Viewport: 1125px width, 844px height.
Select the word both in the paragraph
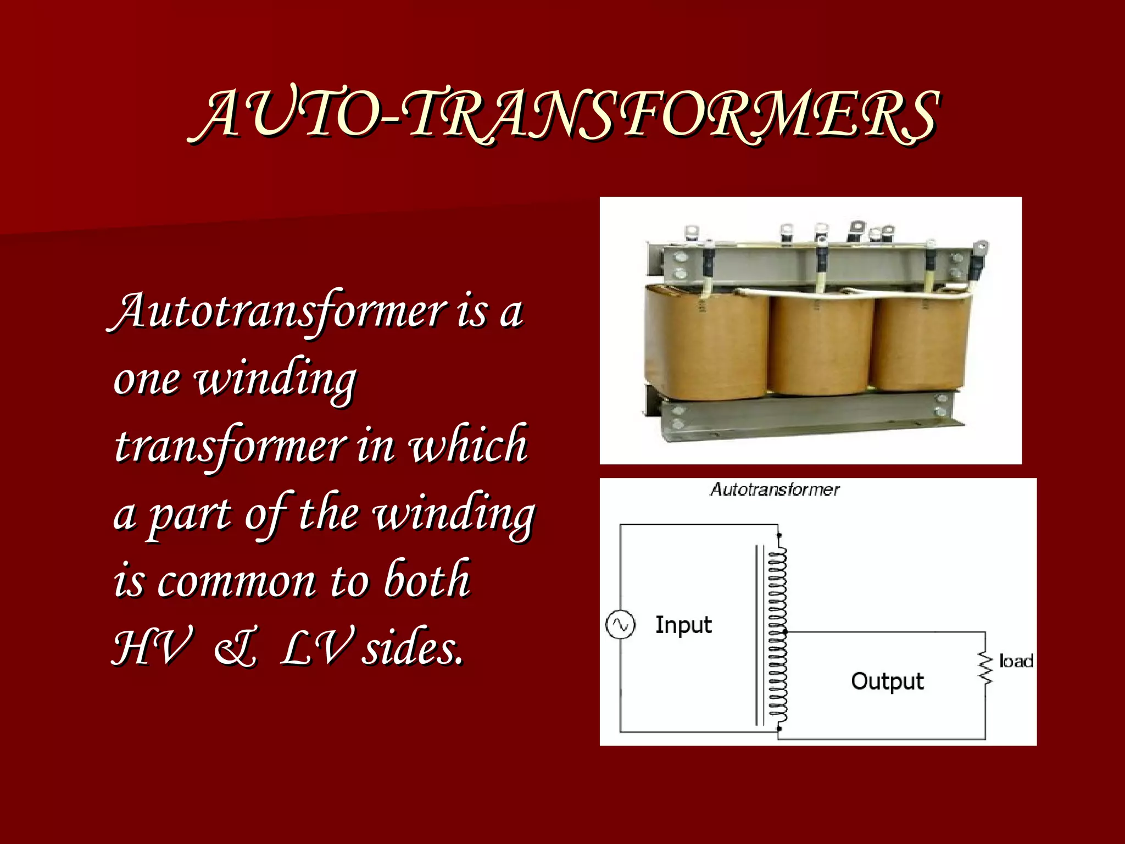tap(427, 580)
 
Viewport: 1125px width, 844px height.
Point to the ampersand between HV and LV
tap(235, 648)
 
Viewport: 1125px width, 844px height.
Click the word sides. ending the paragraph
tap(412, 648)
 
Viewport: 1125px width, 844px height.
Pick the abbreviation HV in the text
tap(153, 648)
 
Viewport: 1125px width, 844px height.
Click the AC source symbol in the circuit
tap(620, 625)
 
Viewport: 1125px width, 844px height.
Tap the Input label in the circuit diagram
tap(683, 625)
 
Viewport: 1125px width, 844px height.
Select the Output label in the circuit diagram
tap(887, 681)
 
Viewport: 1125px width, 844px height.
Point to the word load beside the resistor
tap(1016, 661)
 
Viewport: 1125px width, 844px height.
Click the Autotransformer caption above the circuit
tap(775, 490)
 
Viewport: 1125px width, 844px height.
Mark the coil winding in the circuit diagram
tap(777, 632)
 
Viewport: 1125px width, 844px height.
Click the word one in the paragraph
tap(146, 379)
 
